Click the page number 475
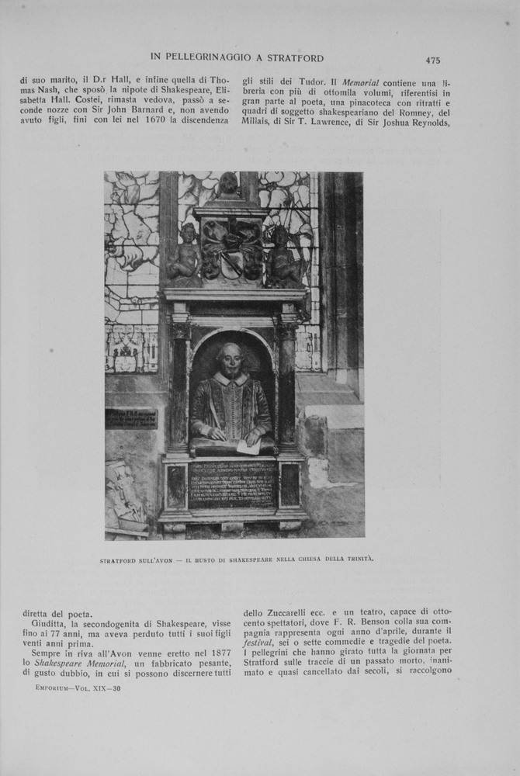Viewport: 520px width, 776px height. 432,60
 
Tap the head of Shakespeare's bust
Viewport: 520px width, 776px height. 231,359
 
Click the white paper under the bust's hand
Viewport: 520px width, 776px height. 248,446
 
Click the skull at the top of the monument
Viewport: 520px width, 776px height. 228,185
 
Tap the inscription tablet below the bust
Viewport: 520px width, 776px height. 232,483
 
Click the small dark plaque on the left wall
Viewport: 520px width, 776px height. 131,420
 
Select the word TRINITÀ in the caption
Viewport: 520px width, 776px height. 357,559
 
